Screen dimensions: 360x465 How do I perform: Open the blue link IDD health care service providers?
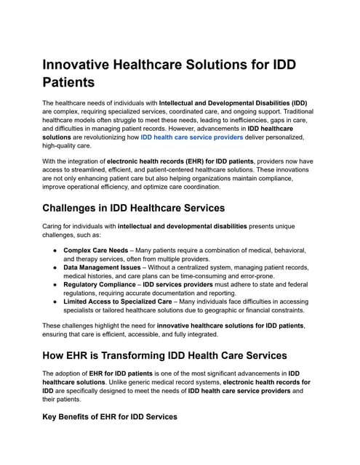[x=192, y=137]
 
